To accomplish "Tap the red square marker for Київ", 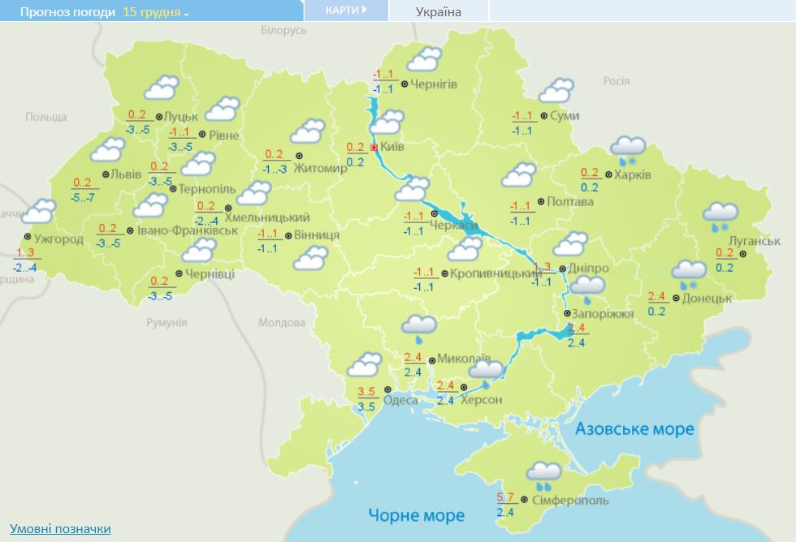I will tap(374, 148).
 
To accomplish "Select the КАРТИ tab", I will tap(345, 10).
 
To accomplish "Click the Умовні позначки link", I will tap(60, 528).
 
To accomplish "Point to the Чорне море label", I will tap(417, 515).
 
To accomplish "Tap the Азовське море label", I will tap(634, 428).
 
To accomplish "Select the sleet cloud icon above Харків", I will tap(627, 149).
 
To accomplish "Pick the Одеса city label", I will tap(400, 400).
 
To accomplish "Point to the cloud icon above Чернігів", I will tap(424, 59).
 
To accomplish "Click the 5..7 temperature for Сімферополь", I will tap(504, 497).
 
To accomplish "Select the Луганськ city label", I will tap(755, 241).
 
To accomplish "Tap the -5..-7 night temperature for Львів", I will tap(82, 197).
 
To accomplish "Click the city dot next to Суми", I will tap(543, 116).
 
